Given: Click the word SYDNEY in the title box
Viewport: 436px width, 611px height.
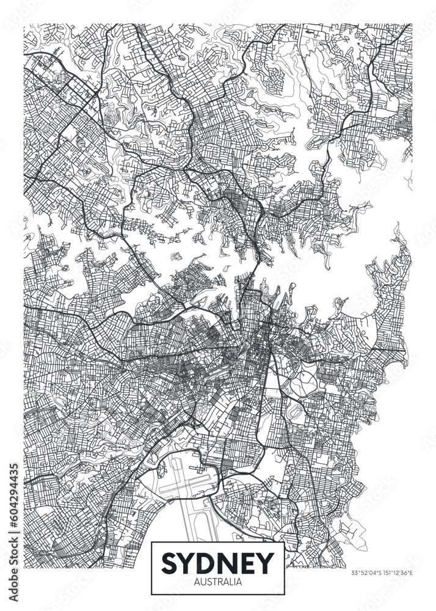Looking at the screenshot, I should click(218, 560).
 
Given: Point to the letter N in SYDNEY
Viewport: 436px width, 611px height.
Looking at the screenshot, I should click(229, 560).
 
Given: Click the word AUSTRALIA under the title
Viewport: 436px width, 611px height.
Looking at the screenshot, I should click(218, 581).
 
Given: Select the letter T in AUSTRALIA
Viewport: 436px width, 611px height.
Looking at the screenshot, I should click(213, 581).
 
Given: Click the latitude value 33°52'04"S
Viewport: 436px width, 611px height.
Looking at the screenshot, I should click(367, 573).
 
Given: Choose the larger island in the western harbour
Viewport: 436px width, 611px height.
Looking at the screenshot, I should click(176, 257).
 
